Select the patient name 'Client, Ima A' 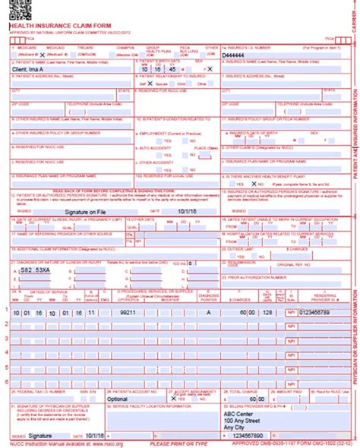click(34, 68)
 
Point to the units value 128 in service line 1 click(266, 311)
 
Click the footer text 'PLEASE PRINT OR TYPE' click(179, 444)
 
